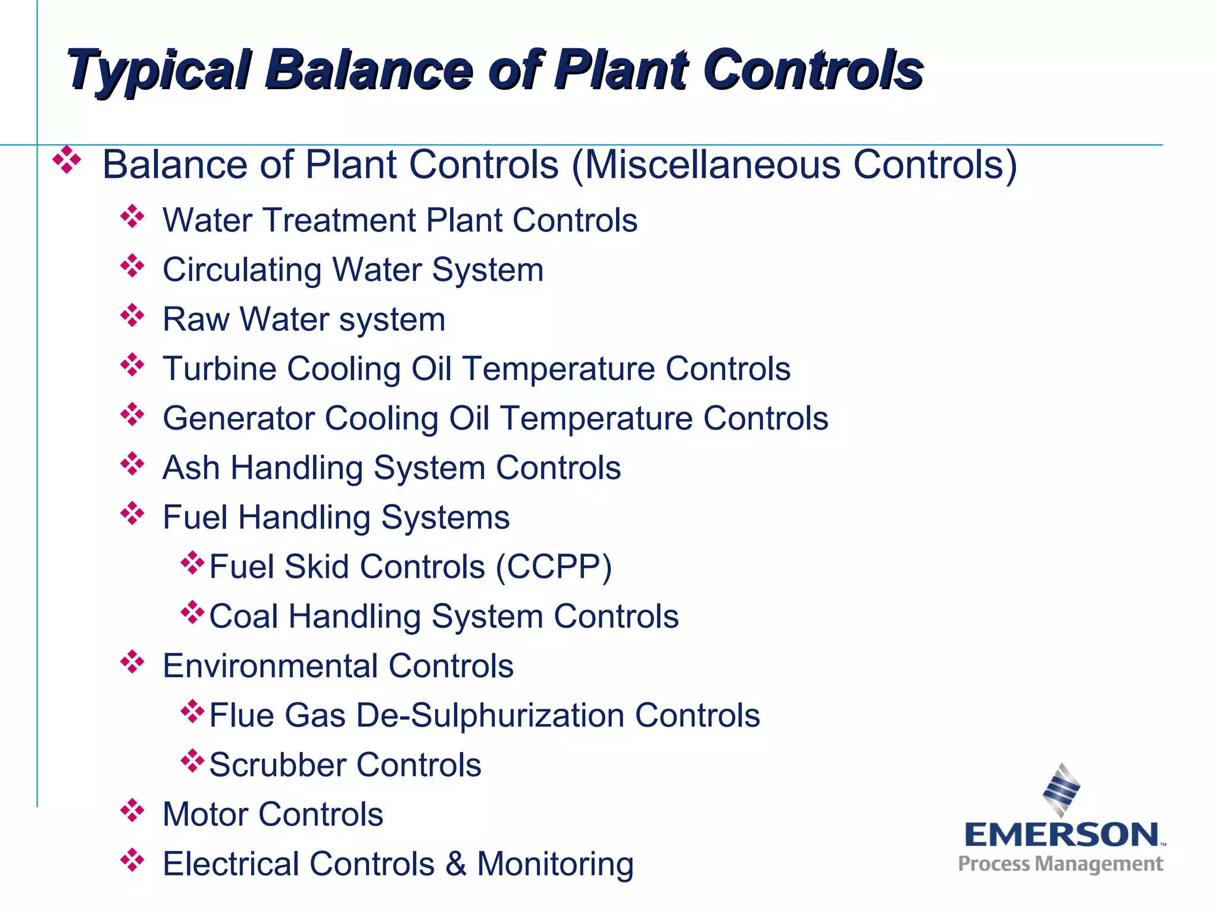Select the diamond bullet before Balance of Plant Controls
(x=67, y=160)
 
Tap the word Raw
(x=195, y=320)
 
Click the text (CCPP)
(x=554, y=567)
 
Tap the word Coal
(x=243, y=616)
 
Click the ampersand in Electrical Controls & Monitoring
(x=456, y=864)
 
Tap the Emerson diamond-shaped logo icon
(x=1061, y=790)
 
